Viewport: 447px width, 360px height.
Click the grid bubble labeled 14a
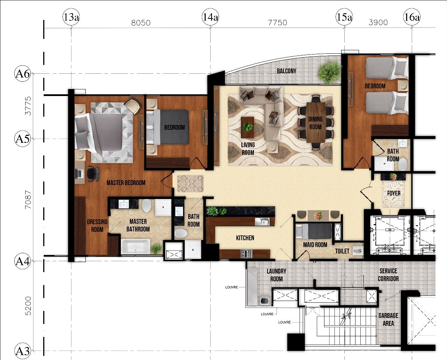click(210, 17)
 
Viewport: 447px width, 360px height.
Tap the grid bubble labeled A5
click(22, 139)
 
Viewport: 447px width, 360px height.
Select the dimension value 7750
click(278, 22)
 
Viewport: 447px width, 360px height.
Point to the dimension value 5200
click(28, 306)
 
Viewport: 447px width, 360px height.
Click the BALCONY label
click(286, 71)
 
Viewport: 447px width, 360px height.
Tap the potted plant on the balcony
click(329, 72)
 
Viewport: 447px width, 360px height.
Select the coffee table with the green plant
click(247, 127)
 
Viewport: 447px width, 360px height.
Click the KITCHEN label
click(245, 238)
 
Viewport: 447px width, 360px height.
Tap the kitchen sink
click(262, 222)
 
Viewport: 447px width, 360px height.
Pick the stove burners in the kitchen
click(246, 254)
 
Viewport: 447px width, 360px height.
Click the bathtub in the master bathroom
click(135, 247)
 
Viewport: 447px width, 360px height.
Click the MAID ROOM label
click(315, 245)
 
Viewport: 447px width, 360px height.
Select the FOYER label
click(394, 193)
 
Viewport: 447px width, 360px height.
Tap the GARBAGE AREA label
click(388, 319)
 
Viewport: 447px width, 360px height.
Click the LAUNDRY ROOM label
click(277, 275)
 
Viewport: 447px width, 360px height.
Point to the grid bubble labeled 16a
click(412, 17)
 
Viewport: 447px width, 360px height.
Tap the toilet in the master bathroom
click(146, 205)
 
